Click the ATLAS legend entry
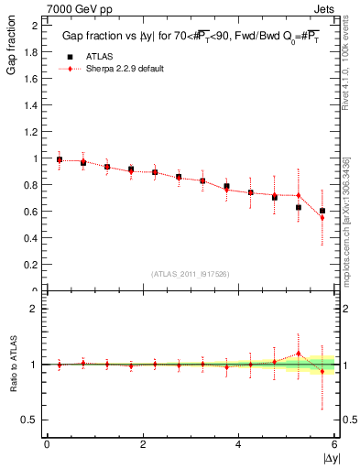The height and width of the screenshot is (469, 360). pyautogui.click(x=95, y=57)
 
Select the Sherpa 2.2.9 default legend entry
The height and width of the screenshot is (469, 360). pyautogui.click(x=118, y=69)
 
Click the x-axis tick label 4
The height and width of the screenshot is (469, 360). pyautogui.click(x=238, y=444)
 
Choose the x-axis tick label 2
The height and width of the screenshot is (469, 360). pyautogui.click(x=143, y=444)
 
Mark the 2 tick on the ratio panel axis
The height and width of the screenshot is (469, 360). pyautogui.click(x=34, y=309)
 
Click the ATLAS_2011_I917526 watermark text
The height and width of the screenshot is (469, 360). pyautogui.click(x=190, y=274)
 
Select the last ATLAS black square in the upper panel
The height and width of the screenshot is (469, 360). pyautogui.click(x=322, y=211)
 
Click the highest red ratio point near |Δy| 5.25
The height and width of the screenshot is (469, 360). pyautogui.click(x=298, y=354)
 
